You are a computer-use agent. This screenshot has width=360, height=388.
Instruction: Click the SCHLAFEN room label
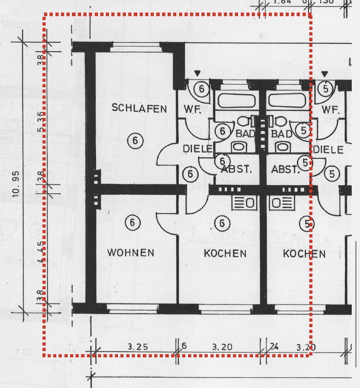139,108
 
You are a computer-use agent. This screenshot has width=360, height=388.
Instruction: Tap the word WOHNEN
131,253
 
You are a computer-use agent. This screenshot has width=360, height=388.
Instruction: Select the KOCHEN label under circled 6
225,254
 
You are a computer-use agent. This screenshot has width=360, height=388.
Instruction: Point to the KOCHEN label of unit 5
304,254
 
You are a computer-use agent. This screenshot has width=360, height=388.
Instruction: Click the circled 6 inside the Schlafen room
135,140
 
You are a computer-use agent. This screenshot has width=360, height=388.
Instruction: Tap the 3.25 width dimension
138,347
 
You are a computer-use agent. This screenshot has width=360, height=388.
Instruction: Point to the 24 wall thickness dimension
274,347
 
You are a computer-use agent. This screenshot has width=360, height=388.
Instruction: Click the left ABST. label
236,170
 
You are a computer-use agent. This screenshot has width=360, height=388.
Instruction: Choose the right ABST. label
286,170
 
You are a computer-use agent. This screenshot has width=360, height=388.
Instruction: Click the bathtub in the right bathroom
287,101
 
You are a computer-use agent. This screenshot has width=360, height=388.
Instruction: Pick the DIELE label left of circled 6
198,149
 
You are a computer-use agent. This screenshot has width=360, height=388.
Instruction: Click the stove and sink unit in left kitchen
245,202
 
